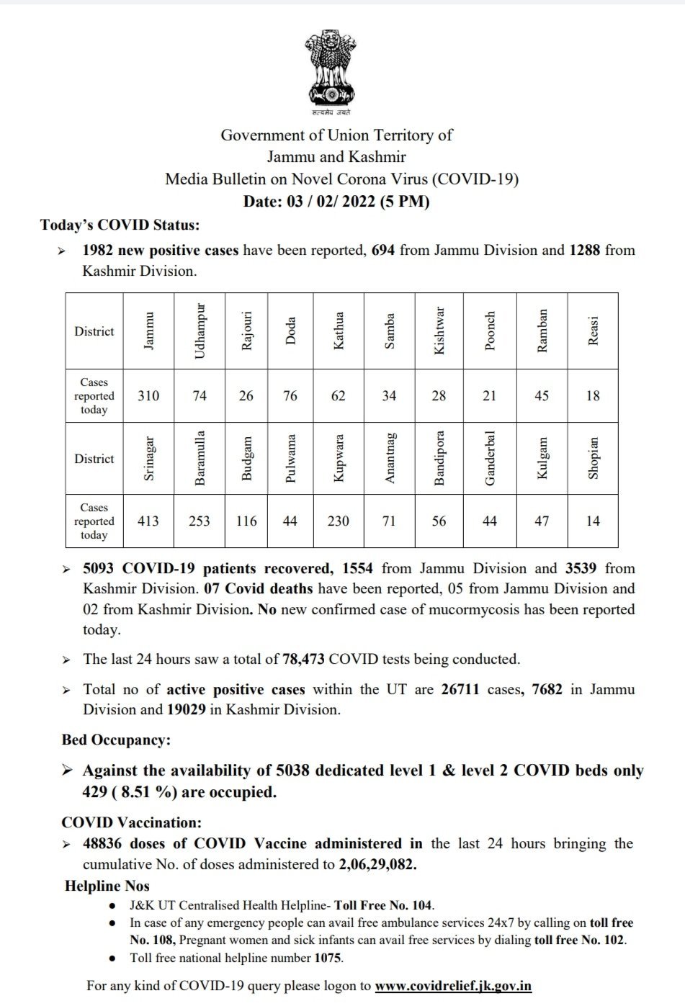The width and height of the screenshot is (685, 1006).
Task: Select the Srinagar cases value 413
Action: [x=148, y=521]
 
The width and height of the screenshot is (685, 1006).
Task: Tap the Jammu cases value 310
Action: [x=148, y=395]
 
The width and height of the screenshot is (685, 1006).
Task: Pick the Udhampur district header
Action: [x=200, y=332]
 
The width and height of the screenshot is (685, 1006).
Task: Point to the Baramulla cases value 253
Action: [x=199, y=521]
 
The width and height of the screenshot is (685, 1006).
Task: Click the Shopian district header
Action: [x=593, y=459]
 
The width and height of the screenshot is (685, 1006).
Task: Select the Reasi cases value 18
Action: [x=593, y=395]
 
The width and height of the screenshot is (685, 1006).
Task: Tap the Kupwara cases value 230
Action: [x=338, y=521]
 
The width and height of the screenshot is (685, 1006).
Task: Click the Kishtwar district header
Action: [x=439, y=332]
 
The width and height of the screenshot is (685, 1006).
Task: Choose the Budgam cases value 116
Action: [x=246, y=521]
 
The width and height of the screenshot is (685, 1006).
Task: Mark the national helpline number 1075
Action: [x=328, y=958]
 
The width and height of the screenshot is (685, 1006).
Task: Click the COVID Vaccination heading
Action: [x=132, y=822]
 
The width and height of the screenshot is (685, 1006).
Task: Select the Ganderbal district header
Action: [x=489, y=459]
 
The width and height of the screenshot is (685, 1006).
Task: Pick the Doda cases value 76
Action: [x=290, y=395]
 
